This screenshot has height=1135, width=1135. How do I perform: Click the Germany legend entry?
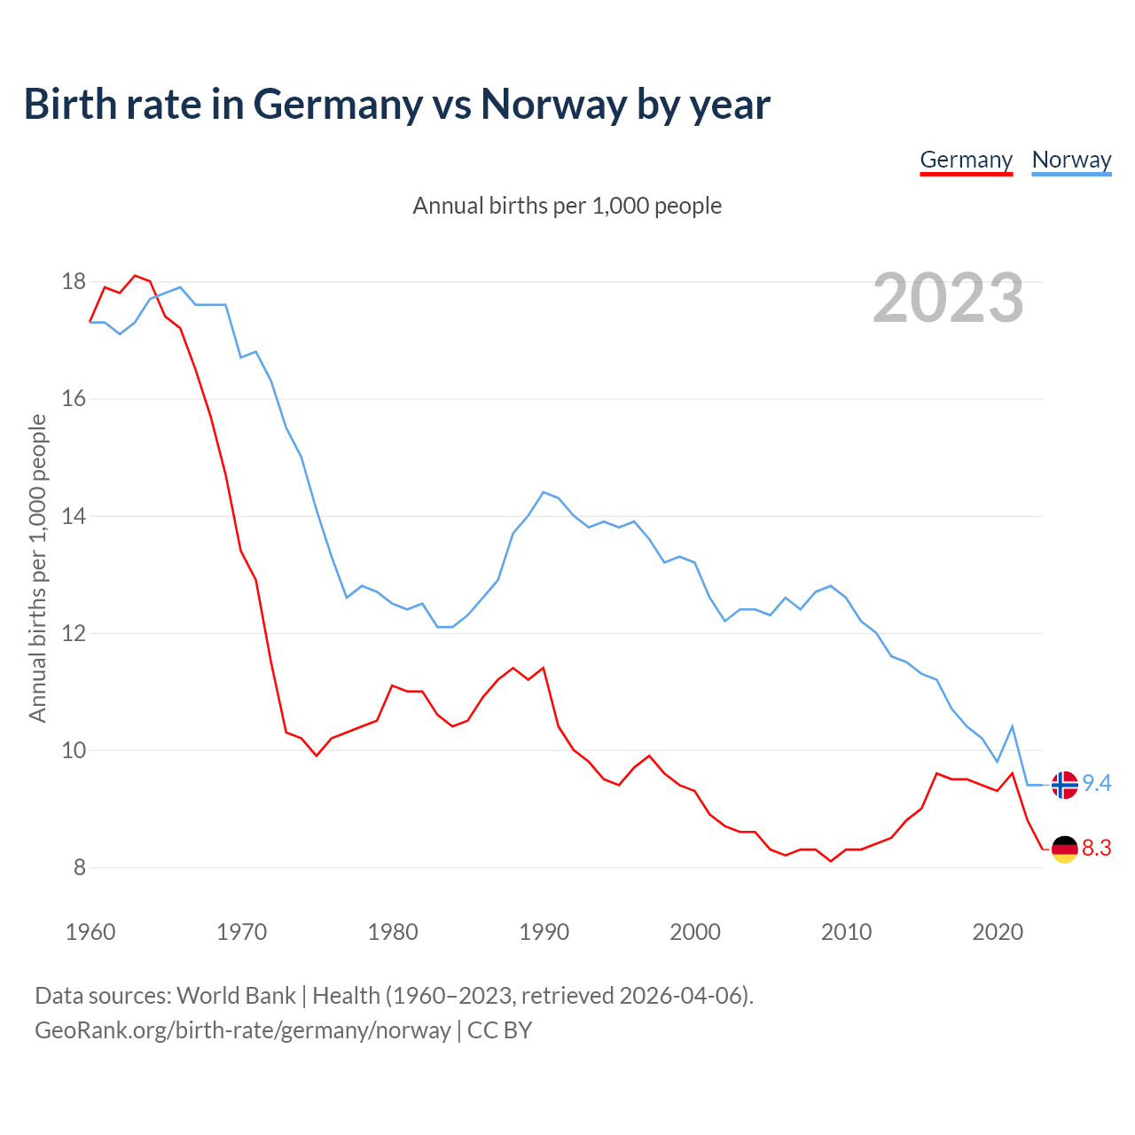click(966, 160)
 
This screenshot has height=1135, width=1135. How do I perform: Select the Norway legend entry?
click(1071, 160)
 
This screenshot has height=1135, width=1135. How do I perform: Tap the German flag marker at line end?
click(1064, 849)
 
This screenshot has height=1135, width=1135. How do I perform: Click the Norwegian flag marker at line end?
click(1064, 785)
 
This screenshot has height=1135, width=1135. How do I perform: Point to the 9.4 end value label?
click(1097, 783)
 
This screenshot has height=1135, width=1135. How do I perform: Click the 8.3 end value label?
click(1097, 849)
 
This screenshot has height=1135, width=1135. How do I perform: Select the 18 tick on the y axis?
click(74, 282)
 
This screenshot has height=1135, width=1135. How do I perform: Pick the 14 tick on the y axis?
click(74, 516)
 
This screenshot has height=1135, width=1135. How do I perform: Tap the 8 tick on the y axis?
click(80, 867)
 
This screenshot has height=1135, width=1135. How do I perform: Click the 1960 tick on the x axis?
click(90, 932)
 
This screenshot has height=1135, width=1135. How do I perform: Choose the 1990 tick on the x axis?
click(544, 932)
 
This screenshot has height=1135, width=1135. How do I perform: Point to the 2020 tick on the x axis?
click(998, 932)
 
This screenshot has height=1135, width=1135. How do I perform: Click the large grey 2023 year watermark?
click(948, 298)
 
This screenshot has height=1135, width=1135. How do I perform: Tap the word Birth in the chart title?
click(70, 104)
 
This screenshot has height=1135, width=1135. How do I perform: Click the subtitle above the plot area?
click(567, 206)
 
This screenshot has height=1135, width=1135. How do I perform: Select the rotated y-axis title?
click(37, 567)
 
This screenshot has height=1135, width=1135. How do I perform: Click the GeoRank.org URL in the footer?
click(243, 1029)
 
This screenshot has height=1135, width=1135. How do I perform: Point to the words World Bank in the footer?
click(236, 995)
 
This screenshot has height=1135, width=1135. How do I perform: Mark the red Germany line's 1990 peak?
click(544, 668)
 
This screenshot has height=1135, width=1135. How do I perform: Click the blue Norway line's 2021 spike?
click(1012, 726)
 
